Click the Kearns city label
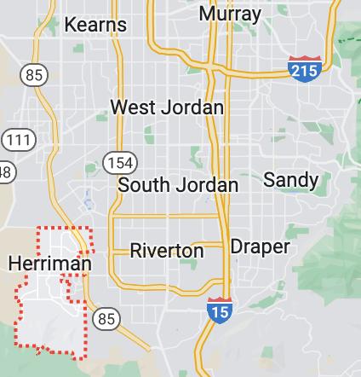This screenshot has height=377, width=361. (96, 25)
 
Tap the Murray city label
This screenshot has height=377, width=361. (230, 14)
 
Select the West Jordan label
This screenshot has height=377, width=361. (168, 107)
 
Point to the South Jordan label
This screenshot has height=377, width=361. (178, 185)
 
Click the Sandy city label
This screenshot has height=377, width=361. (291, 180)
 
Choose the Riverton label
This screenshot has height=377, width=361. (167, 251)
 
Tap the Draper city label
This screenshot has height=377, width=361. (261, 246)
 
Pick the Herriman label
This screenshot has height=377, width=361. (49, 264)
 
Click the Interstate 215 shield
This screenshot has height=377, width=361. (304, 68)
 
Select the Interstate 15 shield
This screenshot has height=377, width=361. (219, 310)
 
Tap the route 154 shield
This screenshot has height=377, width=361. (115, 162)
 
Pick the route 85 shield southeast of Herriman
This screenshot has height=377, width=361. (106, 320)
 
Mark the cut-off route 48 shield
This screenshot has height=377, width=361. (5, 171)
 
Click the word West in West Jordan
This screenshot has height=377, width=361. (134, 107)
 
